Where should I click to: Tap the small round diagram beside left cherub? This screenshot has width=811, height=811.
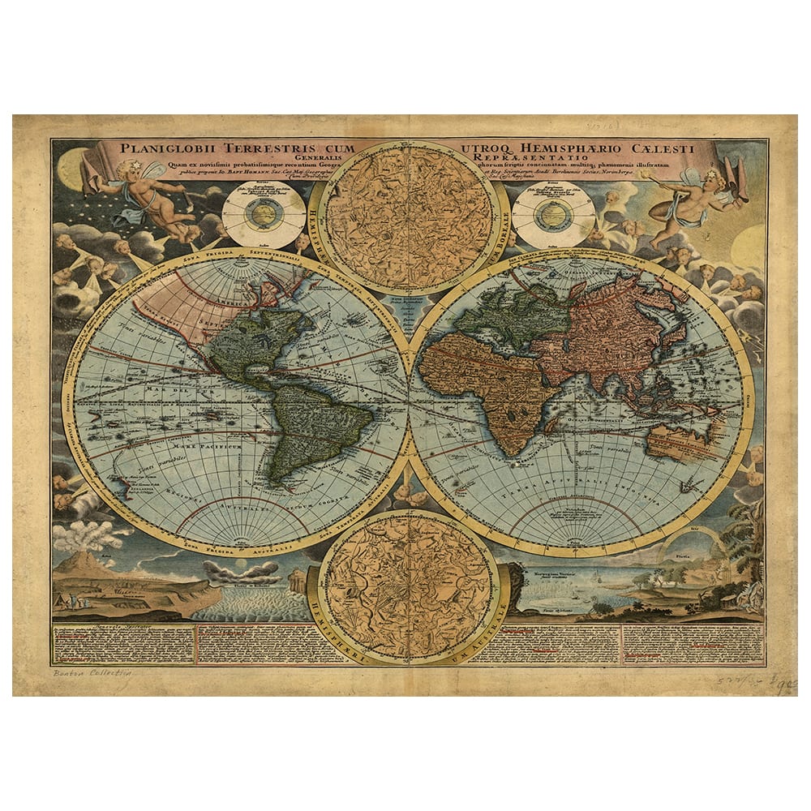click(252, 214)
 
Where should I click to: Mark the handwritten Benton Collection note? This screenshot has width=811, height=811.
click(91, 673)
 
